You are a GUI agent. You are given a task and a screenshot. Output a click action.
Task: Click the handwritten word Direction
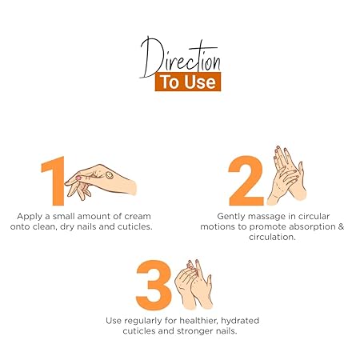pyautogui.click(x=180, y=58)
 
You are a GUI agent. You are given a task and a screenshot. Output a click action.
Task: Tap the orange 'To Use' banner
pyautogui.click(x=188, y=82)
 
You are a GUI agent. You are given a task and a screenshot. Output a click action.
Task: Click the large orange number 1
pyautogui.click(x=54, y=181)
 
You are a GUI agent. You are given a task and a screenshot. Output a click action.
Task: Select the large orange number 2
pyautogui.click(x=246, y=181)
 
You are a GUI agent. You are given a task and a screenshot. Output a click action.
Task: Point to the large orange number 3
pyautogui.click(x=154, y=285)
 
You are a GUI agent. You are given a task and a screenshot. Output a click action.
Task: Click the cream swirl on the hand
pyautogui.click(x=109, y=175)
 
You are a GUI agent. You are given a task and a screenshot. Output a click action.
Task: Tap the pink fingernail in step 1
pyautogui.click(x=78, y=178)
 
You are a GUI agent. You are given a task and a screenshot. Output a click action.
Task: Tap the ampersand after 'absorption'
pyautogui.click(x=341, y=226)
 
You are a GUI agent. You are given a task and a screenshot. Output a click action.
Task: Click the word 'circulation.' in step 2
pyautogui.click(x=272, y=237)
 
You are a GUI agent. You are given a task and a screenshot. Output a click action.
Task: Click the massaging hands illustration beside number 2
pyautogui.click(x=286, y=176)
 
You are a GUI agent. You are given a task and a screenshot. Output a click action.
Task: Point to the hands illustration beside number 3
pyautogui.click(x=194, y=284)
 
